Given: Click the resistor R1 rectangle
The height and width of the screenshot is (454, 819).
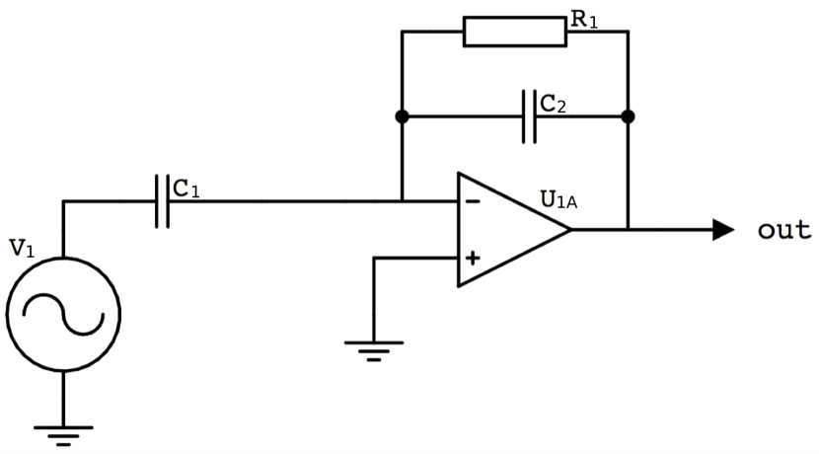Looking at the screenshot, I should pos(514,31).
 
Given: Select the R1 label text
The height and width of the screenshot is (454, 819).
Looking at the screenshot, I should pos(584,20).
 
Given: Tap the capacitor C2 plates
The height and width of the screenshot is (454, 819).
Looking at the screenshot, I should pos(530,116).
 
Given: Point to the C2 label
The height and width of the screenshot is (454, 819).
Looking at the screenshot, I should pos(553,103).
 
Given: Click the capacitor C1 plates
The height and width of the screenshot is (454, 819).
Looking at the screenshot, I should pos(162,201).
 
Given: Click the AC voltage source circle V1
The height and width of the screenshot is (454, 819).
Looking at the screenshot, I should pos(63,314).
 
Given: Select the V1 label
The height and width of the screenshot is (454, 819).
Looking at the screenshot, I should pos(22,249).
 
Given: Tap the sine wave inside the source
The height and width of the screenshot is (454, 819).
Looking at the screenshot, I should pos(63,314).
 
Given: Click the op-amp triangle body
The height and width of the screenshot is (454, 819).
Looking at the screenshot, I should pos(508,230).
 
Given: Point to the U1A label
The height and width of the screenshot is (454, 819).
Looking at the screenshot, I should pos(558,199).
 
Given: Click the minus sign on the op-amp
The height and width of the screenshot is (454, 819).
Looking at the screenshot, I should pos(473,202).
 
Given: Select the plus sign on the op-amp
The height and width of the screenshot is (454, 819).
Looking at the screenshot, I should pos(473,259).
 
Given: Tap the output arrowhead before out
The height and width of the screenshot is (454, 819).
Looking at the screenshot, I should pos(723,230).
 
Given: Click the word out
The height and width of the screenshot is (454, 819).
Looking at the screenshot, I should pos(783,230).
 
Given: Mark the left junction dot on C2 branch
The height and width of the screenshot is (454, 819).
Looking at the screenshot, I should pos(402,116).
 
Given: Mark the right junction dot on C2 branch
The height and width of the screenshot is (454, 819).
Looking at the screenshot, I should pos(628,116).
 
